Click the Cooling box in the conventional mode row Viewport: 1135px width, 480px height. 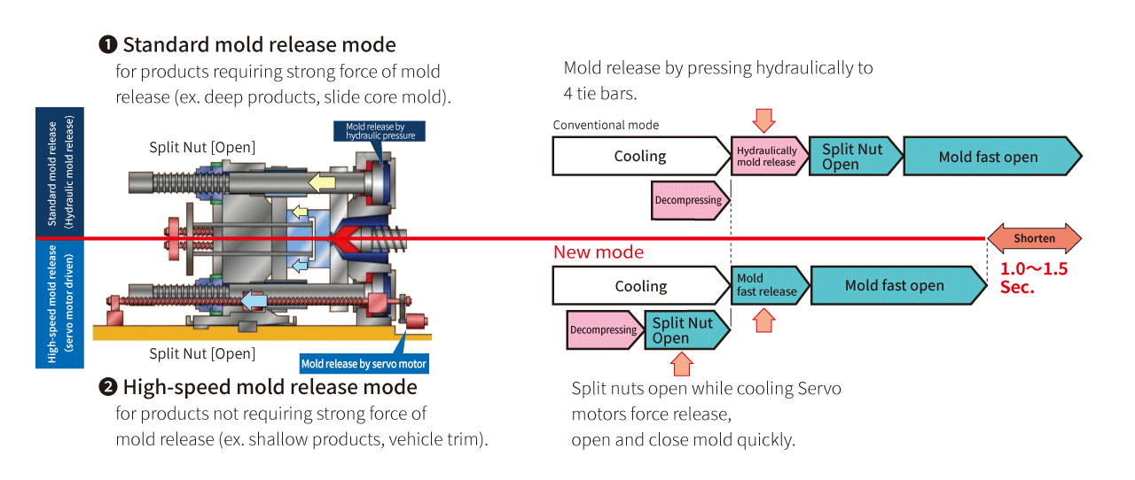(x=639, y=156)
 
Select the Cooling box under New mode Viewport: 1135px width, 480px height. (x=639, y=286)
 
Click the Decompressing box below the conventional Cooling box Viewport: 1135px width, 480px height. (x=689, y=200)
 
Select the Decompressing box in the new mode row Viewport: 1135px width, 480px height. (x=604, y=329)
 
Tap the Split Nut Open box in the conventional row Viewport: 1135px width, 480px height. (x=853, y=157)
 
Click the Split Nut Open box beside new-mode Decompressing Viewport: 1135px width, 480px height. (x=684, y=330)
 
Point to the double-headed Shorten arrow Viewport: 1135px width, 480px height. (x=1035, y=238)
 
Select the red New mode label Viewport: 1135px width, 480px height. (x=599, y=252)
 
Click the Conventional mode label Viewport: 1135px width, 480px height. (x=606, y=125)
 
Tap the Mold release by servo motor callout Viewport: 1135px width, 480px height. (x=364, y=364)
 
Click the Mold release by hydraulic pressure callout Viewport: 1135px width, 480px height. (x=380, y=131)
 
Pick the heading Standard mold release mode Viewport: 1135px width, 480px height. (x=258, y=44)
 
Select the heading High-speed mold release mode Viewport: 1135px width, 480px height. (x=269, y=387)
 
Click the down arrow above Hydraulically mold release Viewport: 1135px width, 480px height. (x=763, y=121)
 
